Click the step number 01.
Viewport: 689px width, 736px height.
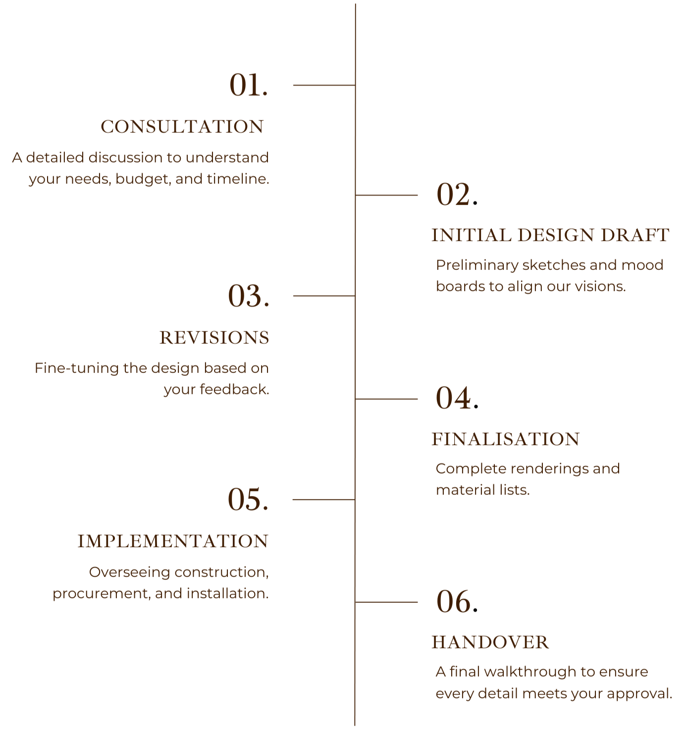click(248, 85)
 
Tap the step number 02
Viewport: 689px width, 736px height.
click(453, 195)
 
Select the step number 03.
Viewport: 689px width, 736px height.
click(248, 296)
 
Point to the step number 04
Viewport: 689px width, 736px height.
click(453, 398)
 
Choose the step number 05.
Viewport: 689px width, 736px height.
click(248, 499)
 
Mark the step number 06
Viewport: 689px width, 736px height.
click(453, 602)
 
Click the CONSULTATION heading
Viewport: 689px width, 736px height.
click(182, 127)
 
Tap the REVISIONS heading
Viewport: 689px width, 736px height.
click(214, 338)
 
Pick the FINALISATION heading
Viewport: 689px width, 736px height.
click(505, 439)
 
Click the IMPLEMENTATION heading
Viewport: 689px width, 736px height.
click(173, 541)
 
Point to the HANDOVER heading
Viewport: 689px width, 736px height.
click(490, 642)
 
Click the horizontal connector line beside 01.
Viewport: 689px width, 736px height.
click(324, 85)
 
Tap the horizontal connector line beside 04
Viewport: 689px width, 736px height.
click(387, 399)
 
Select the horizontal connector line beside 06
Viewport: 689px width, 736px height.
click(387, 602)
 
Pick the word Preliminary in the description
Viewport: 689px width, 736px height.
click(477, 265)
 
